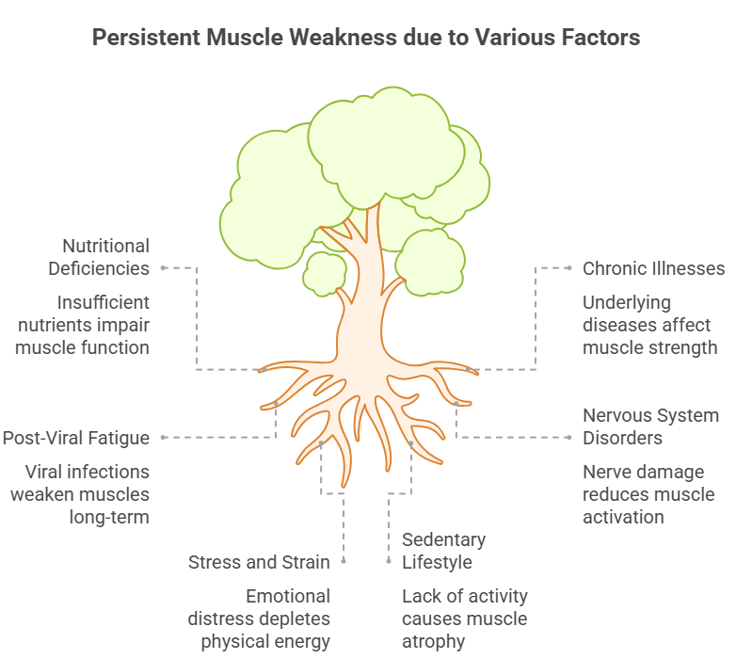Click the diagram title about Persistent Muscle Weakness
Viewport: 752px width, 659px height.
(366, 38)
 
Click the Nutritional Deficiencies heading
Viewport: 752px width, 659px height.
(99, 257)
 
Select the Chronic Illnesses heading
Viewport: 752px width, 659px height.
(654, 268)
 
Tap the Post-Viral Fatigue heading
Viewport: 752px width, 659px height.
(76, 438)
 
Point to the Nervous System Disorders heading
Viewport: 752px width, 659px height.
(650, 426)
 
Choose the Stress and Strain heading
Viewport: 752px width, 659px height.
(259, 562)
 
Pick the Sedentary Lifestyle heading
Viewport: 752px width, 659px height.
(443, 551)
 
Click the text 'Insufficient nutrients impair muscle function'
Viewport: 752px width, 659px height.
(83, 325)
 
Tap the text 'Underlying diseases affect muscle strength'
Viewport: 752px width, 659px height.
(649, 325)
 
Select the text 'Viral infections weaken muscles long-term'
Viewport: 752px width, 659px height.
(80, 494)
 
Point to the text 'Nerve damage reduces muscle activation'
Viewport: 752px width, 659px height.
(648, 494)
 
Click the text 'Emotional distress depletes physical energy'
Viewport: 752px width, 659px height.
(259, 619)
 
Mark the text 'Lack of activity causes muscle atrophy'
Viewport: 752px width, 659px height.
(465, 619)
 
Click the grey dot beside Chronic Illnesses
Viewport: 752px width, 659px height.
(569, 268)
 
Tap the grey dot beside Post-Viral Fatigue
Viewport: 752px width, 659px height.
(164, 438)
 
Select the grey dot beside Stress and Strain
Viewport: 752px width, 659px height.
(344, 561)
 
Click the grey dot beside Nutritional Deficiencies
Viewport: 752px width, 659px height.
(164, 268)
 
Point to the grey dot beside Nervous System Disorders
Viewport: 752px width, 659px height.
(569, 438)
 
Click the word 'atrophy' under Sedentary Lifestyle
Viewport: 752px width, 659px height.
(434, 642)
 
